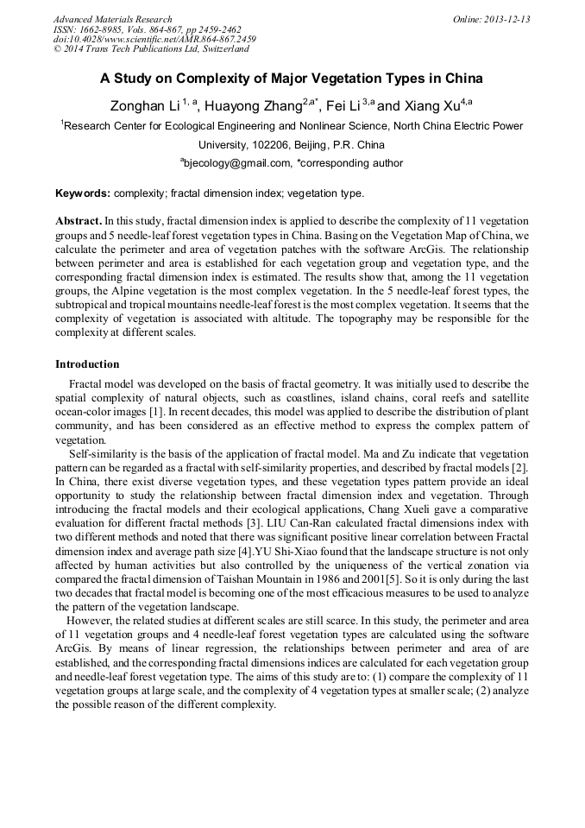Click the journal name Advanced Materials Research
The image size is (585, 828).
[112, 19]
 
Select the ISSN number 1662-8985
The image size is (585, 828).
[103, 29]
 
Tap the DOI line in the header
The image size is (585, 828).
[154, 40]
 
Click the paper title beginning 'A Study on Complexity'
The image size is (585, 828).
[292, 79]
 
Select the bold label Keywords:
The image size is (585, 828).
[83, 193]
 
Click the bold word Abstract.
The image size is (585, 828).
[79, 221]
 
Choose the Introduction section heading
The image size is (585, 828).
[87, 364]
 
